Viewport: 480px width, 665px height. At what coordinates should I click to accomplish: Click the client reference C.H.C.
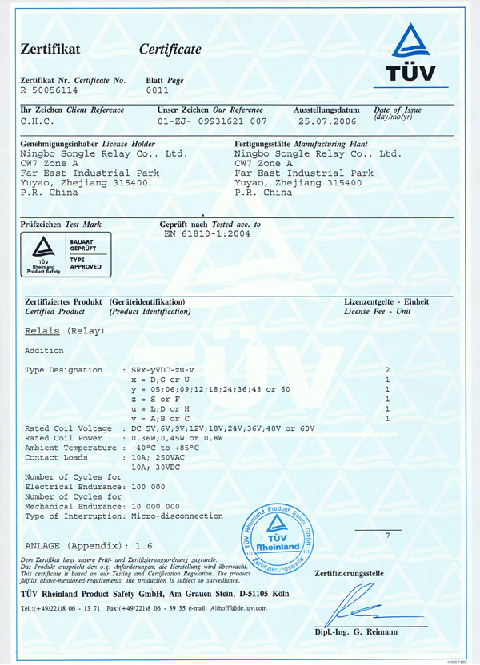38,121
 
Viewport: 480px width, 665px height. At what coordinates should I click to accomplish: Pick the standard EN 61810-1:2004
208,235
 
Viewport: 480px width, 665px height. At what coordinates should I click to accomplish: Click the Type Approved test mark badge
66,254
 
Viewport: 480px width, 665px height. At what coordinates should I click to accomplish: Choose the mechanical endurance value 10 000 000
152,506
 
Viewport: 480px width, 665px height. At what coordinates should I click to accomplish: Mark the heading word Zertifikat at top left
50,50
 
